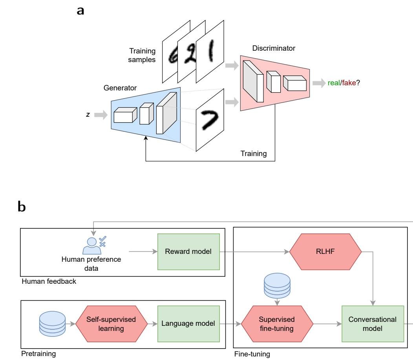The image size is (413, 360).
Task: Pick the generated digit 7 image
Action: click(x=210, y=119)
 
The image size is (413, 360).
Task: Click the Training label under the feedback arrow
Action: click(x=253, y=154)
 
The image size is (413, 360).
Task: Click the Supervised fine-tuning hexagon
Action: click(x=277, y=323)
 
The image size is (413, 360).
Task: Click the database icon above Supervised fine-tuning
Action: click(x=277, y=286)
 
